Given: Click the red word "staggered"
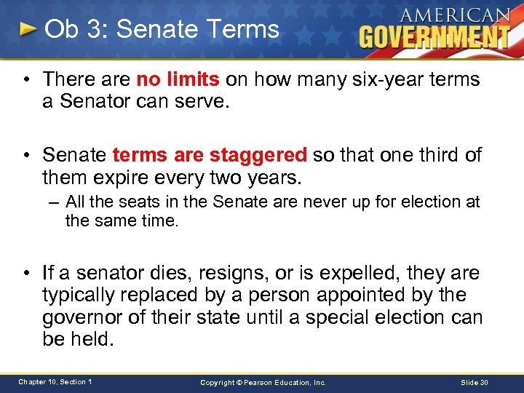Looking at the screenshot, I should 258,155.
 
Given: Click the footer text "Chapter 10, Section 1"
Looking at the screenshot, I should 55,382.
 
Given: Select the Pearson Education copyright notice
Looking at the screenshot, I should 263,382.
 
